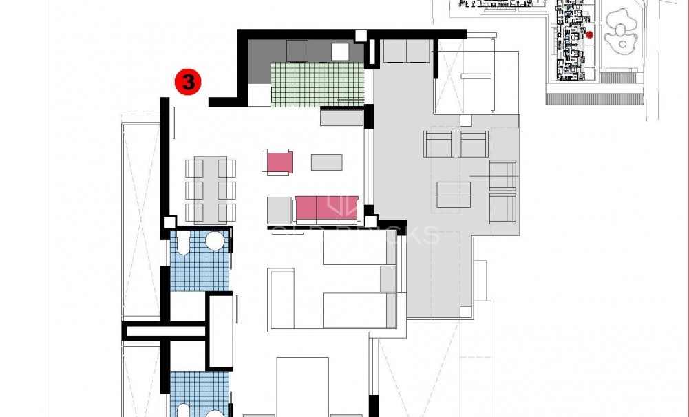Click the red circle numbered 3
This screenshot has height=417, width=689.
(187, 82)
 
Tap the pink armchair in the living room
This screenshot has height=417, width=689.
(279, 162)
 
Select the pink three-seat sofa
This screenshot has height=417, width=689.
(326, 208)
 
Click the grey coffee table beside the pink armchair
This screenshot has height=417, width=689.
(326, 162)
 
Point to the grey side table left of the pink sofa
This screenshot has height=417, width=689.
(279, 210)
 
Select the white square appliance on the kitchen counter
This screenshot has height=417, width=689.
(341, 52)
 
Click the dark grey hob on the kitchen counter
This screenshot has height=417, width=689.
(297, 50)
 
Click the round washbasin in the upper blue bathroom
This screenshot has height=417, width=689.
(215, 240)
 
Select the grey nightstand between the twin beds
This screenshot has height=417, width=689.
(388, 279)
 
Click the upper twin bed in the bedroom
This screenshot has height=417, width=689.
(359, 247)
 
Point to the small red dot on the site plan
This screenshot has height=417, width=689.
(589, 34)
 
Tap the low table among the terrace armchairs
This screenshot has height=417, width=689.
(454, 193)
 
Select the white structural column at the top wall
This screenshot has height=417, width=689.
(361, 36)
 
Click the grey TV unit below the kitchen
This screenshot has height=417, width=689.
(341, 118)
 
